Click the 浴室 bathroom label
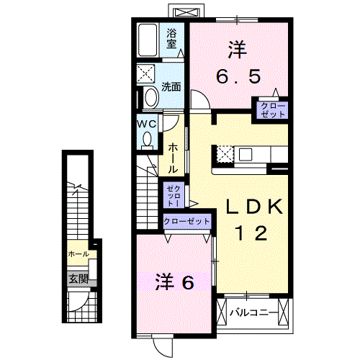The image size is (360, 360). [172, 37]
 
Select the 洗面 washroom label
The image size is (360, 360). [171, 87]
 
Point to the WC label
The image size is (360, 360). [147, 122]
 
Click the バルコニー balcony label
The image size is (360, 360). [250, 313]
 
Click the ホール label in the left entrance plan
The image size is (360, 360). [78, 254]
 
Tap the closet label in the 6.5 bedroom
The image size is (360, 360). [278, 110]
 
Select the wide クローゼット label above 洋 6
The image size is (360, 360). [187, 222]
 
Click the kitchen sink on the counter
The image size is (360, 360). [246, 153]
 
